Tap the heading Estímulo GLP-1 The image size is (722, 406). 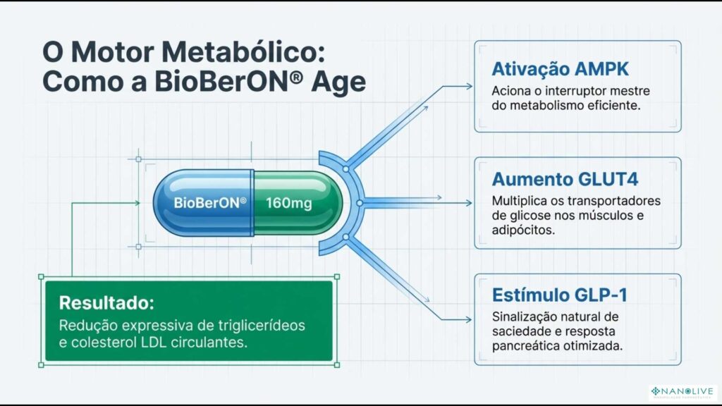pos(549,295)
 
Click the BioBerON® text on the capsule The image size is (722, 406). pos(210,202)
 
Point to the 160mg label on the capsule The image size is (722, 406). pos(289,202)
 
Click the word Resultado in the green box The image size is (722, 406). pos(106,304)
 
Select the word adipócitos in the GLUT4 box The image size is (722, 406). pos(519,229)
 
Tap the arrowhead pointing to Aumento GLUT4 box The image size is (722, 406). pos(468,203)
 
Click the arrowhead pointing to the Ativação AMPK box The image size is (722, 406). pos(468,87)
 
